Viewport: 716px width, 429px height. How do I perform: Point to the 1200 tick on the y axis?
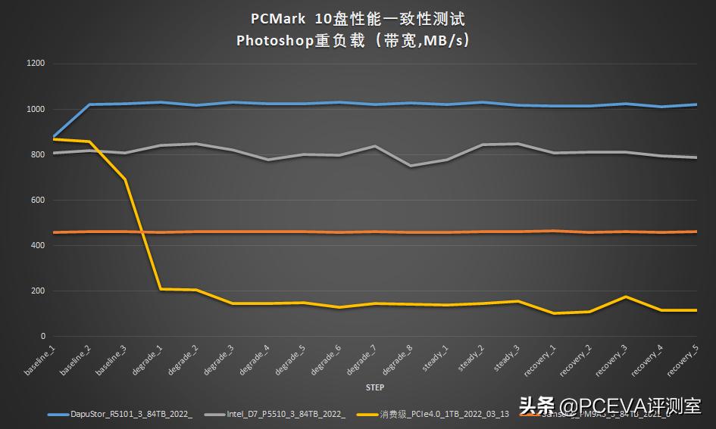pyautogui.click(x=36, y=64)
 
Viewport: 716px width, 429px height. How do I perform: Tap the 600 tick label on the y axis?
pyautogui.click(x=38, y=200)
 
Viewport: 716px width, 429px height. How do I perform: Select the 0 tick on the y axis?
pyautogui.click(x=42, y=336)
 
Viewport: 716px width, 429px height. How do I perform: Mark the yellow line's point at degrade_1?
pyautogui.click(x=160, y=289)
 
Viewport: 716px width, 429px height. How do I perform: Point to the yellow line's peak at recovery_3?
pyautogui.click(x=624, y=297)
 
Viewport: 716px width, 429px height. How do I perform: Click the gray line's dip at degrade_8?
pyautogui.click(x=411, y=166)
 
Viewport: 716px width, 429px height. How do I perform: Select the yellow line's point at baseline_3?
pyautogui.click(x=124, y=179)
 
